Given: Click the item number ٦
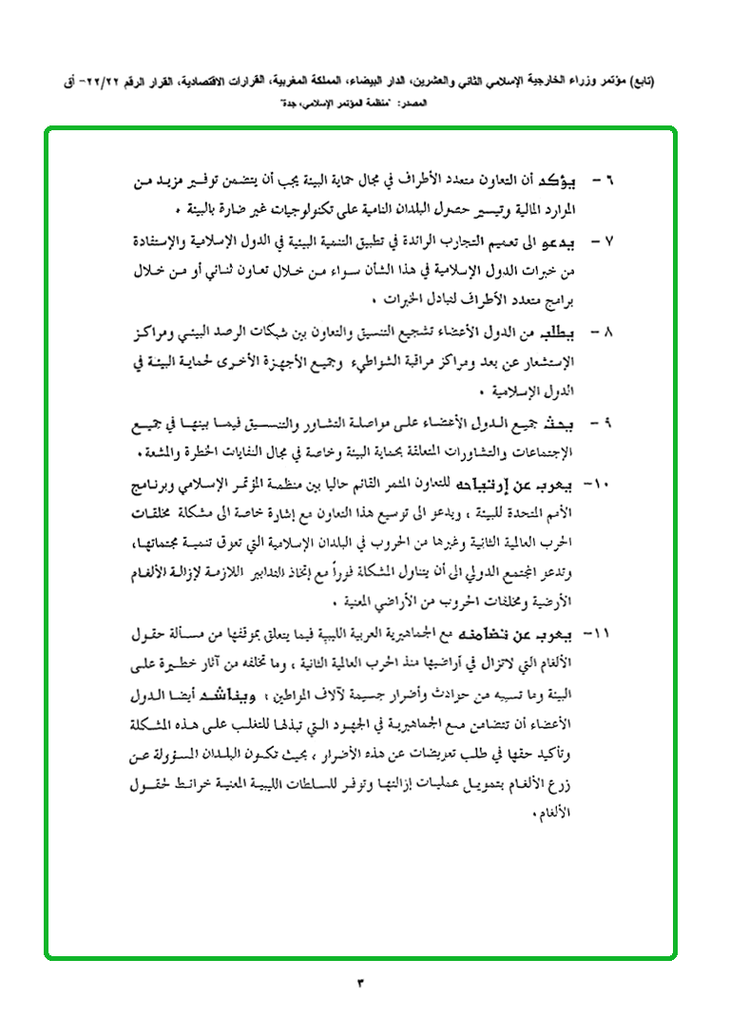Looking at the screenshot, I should point(610,181).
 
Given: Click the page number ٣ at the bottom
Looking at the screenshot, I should point(361,982).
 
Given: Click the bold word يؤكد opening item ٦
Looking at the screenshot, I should point(570,181).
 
